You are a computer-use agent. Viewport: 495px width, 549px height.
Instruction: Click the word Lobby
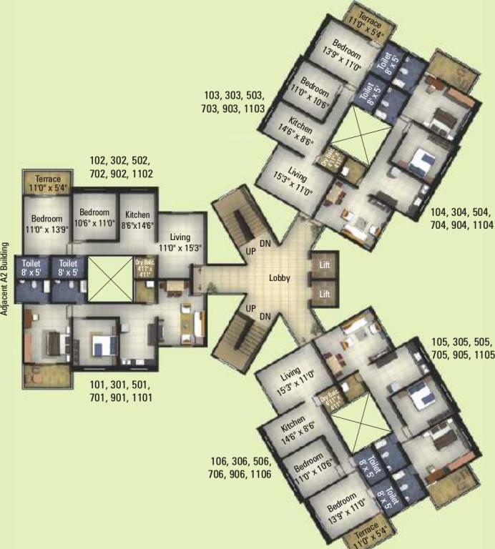point(279,278)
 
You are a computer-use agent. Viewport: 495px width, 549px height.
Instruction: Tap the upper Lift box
point(323,265)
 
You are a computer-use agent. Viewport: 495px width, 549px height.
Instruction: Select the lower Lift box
point(323,293)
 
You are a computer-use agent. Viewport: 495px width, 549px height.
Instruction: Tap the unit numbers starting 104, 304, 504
point(463,219)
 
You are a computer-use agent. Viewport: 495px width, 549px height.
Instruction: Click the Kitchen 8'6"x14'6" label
point(137,219)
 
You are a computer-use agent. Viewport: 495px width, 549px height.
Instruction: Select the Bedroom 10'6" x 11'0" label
point(94,217)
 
